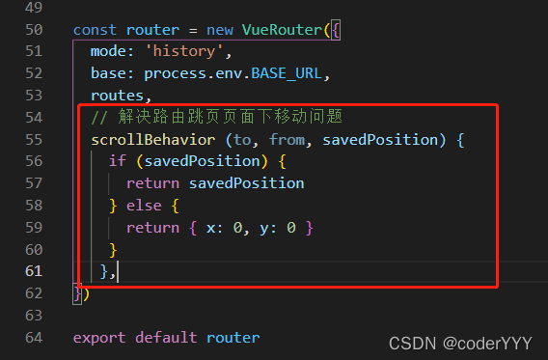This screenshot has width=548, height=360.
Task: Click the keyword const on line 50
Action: [x=95, y=29]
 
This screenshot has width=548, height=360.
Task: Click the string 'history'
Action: [x=192, y=51]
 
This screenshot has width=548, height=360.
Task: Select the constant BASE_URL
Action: [x=290, y=73]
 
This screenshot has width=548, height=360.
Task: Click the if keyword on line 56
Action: [x=116, y=161]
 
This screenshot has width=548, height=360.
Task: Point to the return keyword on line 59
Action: [x=151, y=228]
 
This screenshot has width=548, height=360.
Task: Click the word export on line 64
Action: [x=99, y=338]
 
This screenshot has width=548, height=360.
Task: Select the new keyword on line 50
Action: [x=219, y=29]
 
